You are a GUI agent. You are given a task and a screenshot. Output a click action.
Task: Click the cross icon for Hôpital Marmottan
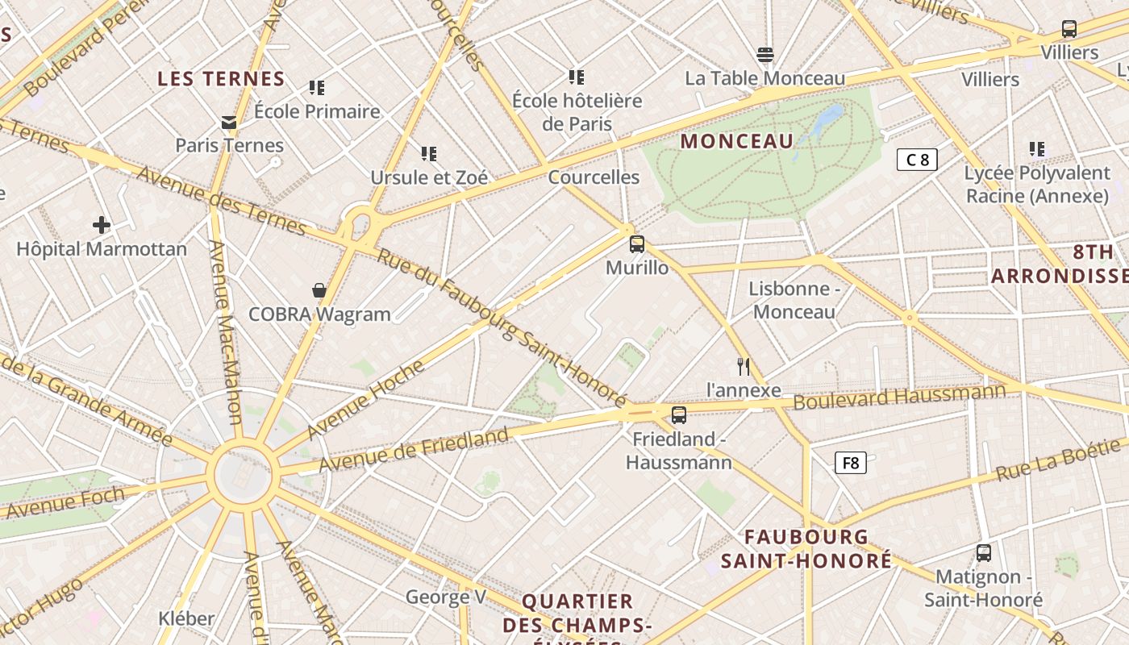tap(101, 224)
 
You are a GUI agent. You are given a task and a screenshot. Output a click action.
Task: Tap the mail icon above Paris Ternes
tap(230, 123)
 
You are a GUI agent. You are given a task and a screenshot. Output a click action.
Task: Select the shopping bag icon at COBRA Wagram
tap(319, 290)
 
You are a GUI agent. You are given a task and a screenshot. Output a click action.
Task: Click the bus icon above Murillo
tap(637, 243)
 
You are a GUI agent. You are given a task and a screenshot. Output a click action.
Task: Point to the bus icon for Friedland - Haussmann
tap(679, 415)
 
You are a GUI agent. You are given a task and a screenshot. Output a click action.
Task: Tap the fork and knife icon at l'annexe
tap(744, 367)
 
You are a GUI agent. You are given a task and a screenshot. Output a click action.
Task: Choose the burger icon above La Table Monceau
tap(765, 55)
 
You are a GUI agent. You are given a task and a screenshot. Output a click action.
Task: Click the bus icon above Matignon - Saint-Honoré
tap(984, 553)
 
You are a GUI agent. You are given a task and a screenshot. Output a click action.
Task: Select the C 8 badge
tap(918, 160)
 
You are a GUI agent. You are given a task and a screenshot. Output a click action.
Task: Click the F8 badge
tap(851, 463)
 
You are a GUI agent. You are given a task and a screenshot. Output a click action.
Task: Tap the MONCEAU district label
tap(737, 141)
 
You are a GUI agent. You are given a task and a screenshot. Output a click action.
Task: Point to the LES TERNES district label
tap(221, 79)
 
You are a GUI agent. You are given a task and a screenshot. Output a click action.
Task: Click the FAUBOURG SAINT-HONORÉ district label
tap(806, 548)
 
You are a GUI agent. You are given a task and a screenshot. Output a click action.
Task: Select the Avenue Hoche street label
tap(365, 400)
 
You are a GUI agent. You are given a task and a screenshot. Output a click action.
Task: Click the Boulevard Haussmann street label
tap(899, 396)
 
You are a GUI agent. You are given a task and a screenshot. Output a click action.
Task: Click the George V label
tap(446, 597)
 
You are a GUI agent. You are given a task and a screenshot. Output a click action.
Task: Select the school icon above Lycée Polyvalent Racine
tap(1037, 149)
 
